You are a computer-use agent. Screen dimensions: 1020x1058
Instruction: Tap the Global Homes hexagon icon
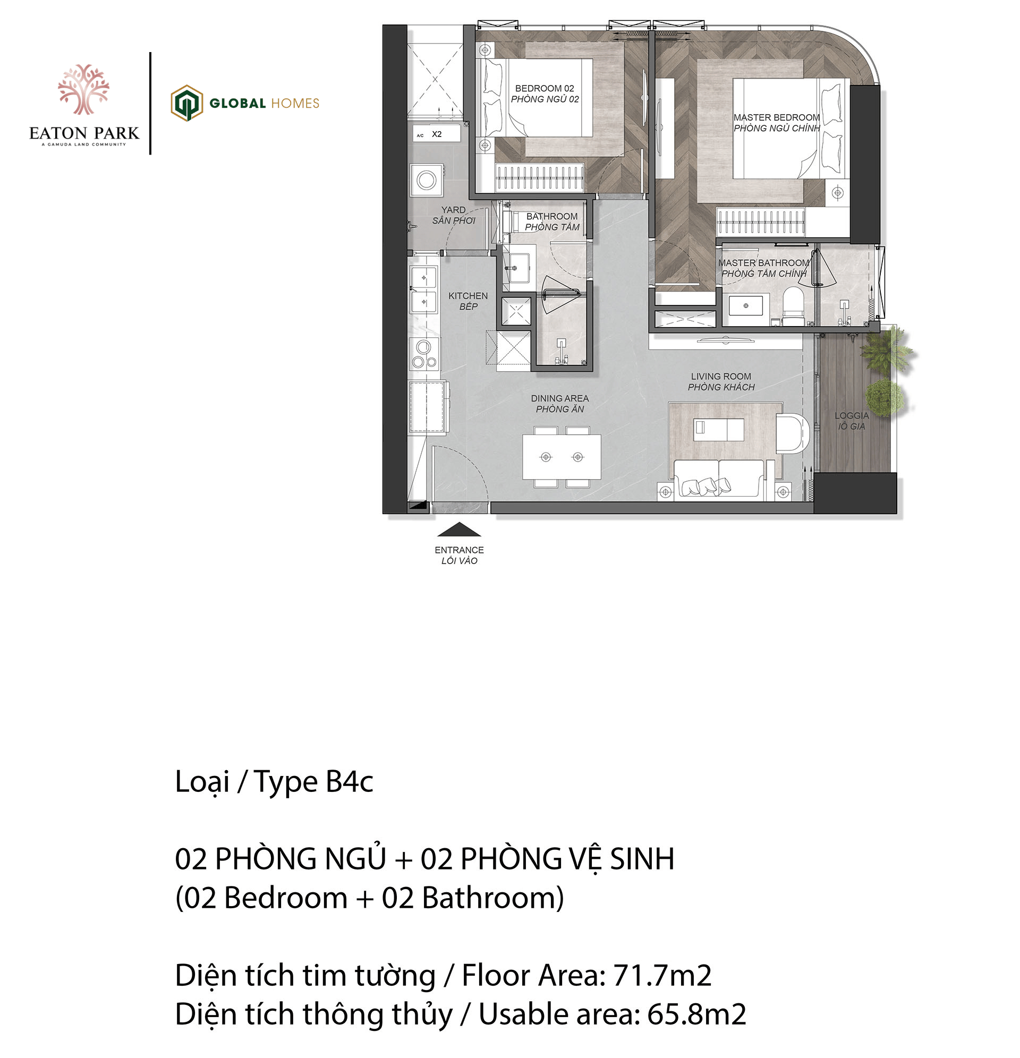pyautogui.click(x=187, y=103)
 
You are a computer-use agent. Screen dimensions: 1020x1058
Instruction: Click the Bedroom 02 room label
pyautogui.click(x=545, y=93)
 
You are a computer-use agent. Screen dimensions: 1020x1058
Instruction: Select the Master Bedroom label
pyautogui.click(x=777, y=123)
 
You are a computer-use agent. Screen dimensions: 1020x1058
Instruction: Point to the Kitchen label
pyautogui.click(x=467, y=301)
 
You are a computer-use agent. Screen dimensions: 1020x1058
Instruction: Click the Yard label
pyautogui.click(x=454, y=215)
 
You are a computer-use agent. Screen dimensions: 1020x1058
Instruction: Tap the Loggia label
pyautogui.click(x=852, y=421)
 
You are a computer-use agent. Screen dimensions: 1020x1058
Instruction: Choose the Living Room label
pyautogui.click(x=721, y=381)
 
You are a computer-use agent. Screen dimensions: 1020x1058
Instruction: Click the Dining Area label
pyautogui.click(x=560, y=403)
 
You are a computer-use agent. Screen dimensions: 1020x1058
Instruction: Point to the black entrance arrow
pyautogui.click(x=458, y=530)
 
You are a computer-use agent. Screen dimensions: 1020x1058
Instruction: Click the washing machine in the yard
pyautogui.click(x=426, y=180)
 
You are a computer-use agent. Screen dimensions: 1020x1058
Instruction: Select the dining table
pyautogui.click(x=562, y=457)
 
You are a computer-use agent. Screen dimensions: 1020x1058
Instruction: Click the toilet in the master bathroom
pyautogui.click(x=793, y=306)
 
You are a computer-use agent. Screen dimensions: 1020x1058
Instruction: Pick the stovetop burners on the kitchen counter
pyautogui.click(x=424, y=354)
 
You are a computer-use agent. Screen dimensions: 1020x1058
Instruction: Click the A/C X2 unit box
pyautogui.click(x=436, y=134)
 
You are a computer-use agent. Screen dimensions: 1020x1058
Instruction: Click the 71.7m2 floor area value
pyautogui.click(x=662, y=976)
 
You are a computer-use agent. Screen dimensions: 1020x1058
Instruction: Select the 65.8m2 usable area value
pyautogui.click(x=696, y=1014)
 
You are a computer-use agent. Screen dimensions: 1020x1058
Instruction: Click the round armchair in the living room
pyautogui.click(x=792, y=433)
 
